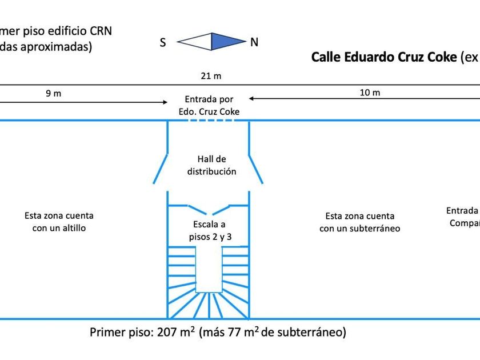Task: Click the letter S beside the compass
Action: pos(163,42)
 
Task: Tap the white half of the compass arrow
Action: pos(196,41)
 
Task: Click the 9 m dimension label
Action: pos(53,93)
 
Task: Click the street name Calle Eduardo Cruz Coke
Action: pos(383,58)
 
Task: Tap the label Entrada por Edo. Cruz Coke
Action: pos(209,106)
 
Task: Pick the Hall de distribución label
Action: pos(209,165)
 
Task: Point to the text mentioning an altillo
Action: pos(59,222)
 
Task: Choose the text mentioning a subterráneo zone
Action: pos(359,222)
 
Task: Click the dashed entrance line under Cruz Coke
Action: pos(209,121)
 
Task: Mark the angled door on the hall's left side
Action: pos(161,168)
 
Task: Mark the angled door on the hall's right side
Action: pos(256,168)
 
